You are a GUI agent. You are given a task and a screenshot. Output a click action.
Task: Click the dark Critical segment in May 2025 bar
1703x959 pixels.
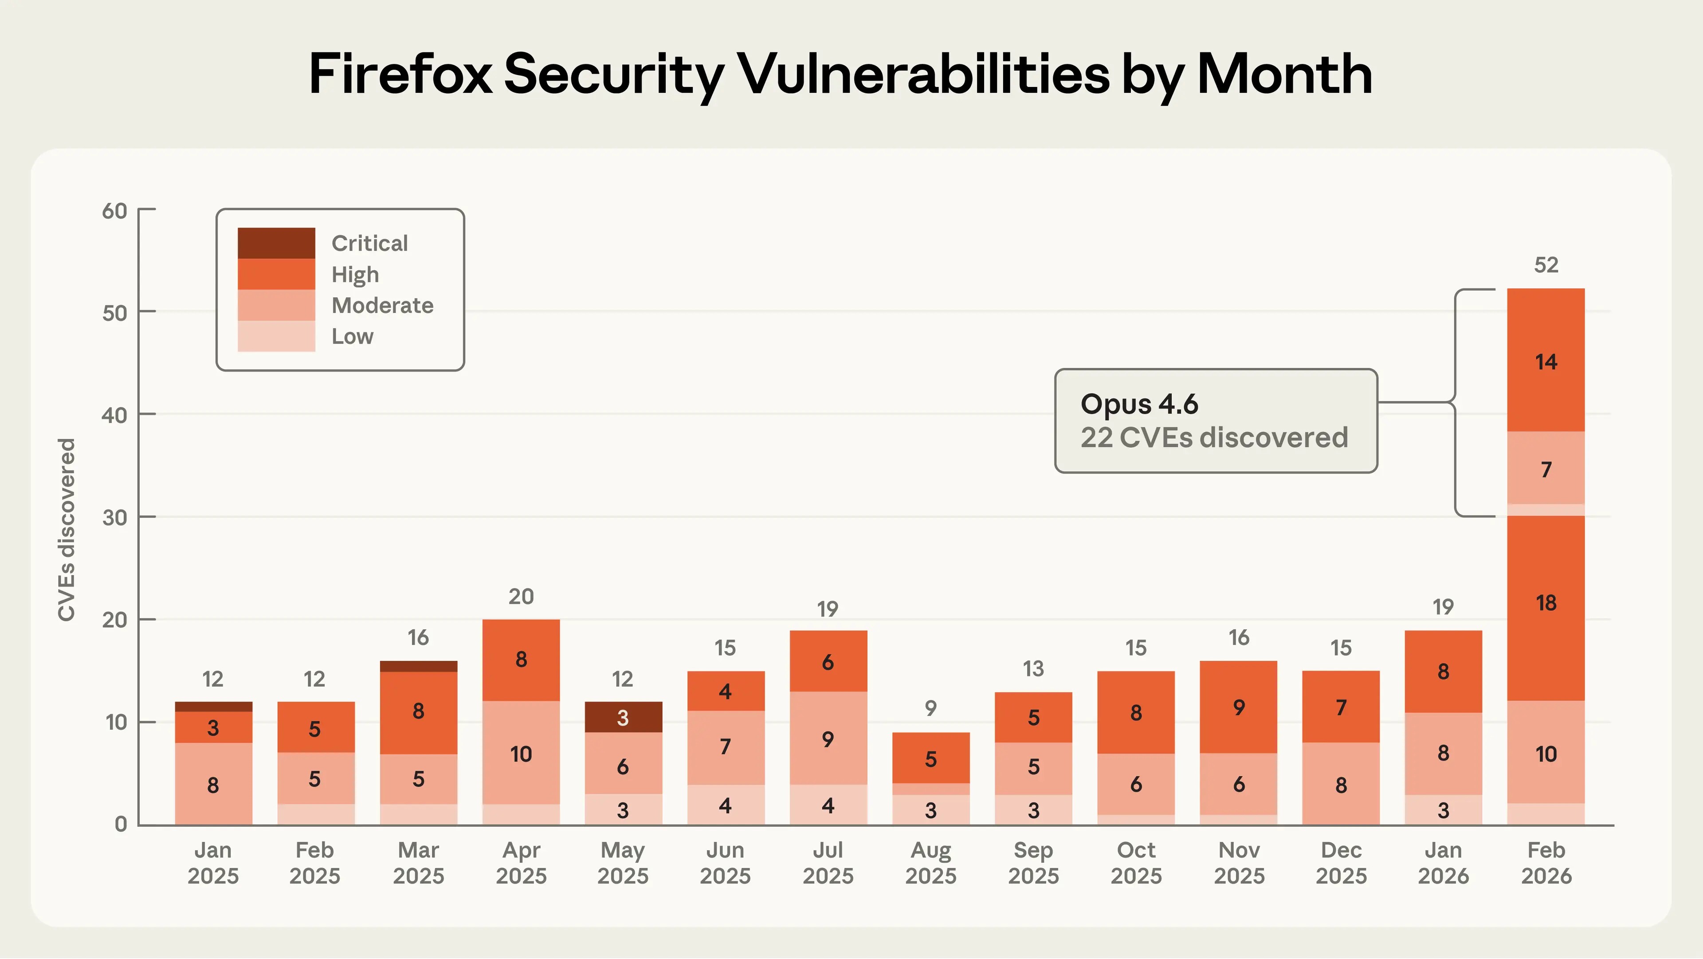pyautogui.click(x=623, y=717)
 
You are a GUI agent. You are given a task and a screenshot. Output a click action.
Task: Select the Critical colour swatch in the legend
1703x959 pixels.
pyautogui.click(x=276, y=243)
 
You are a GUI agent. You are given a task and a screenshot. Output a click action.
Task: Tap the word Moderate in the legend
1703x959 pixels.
pyautogui.click(x=382, y=306)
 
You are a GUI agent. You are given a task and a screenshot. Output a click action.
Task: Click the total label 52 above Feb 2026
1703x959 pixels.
pyautogui.click(x=1546, y=265)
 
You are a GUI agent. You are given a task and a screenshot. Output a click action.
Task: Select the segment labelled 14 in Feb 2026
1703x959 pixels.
pyautogui.click(x=1546, y=361)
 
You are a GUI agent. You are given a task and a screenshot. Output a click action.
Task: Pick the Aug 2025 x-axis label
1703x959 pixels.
pyautogui.click(x=930, y=862)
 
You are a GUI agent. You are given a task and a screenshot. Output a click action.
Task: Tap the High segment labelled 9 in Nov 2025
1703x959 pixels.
pyautogui.click(x=1238, y=707)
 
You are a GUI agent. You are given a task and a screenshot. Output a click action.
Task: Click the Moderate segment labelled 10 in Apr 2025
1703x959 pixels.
pyautogui.click(x=521, y=754)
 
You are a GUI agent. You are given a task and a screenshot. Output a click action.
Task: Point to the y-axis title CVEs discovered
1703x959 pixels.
pyautogui.click(x=66, y=529)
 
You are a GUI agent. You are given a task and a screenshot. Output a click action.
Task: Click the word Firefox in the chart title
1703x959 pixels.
pyautogui.click(x=400, y=74)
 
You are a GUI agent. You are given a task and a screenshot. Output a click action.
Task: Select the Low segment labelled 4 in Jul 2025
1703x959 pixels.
pyautogui.click(x=828, y=805)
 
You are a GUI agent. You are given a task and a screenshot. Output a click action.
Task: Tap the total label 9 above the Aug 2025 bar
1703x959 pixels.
pyautogui.click(x=930, y=708)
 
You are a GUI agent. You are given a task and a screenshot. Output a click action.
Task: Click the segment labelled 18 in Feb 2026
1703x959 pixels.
pyautogui.click(x=1546, y=603)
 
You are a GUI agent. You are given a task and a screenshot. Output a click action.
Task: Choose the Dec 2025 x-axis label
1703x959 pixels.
pyautogui.click(x=1341, y=862)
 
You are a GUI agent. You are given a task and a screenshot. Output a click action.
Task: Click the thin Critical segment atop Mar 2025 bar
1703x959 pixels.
pyautogui.click(x=419, y=666)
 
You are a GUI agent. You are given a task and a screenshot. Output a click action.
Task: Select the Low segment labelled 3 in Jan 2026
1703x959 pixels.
pyautogui.click(x=1443, y=810)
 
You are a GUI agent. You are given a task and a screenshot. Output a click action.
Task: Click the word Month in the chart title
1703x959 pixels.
pyautogui.click(x=1284, y=74)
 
